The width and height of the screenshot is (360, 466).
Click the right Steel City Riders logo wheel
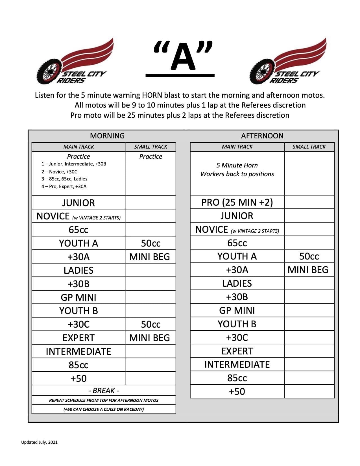(261, 71)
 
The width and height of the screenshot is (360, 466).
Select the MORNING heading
(107, 136)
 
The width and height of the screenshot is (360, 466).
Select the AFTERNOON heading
(262, 136)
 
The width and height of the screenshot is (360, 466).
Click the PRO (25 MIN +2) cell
(237, 202)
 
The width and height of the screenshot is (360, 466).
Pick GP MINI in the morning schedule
(78, 297)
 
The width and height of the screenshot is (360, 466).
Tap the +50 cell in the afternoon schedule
(237, 391)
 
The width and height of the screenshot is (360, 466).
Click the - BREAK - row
(104, 391)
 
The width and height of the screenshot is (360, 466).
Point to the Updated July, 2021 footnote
(39, 442)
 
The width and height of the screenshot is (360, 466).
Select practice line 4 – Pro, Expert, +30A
(64, 186)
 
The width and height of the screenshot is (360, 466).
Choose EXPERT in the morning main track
(78, 338)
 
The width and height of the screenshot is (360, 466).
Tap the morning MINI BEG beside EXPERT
(150, 338)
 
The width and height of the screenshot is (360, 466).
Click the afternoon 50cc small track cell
(309, 256)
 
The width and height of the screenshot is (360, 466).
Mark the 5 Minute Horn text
(237, 165)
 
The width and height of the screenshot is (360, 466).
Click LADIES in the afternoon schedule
(237, 283)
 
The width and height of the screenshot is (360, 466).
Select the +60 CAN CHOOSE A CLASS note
(104, 409)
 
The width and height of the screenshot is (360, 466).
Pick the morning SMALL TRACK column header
(150, 147)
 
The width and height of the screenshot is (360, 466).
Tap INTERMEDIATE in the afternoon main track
(237, 364)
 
